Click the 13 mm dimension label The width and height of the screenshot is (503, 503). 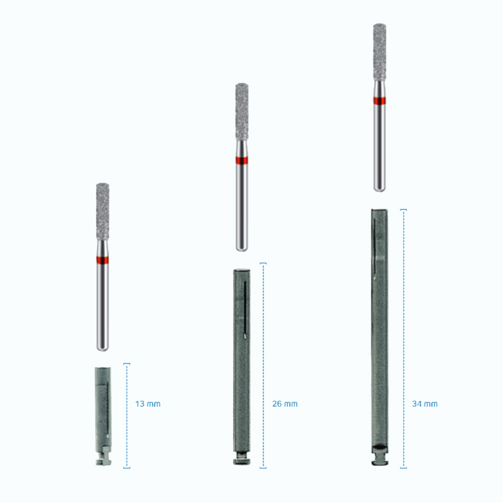[148, 404]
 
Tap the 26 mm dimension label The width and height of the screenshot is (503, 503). [285, 404]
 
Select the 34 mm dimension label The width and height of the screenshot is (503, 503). [425, 404]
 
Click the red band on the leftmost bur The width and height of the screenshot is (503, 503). [102, 260]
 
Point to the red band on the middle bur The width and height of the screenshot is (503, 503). [241, 160]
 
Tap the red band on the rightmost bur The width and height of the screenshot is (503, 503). [380, 101]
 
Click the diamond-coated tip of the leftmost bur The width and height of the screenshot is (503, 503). [102, 211]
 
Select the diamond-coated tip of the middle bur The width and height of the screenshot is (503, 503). [242, 112]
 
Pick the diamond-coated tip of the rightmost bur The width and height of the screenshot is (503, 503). [380, 52]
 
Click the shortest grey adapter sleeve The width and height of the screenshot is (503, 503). [103, 416]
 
